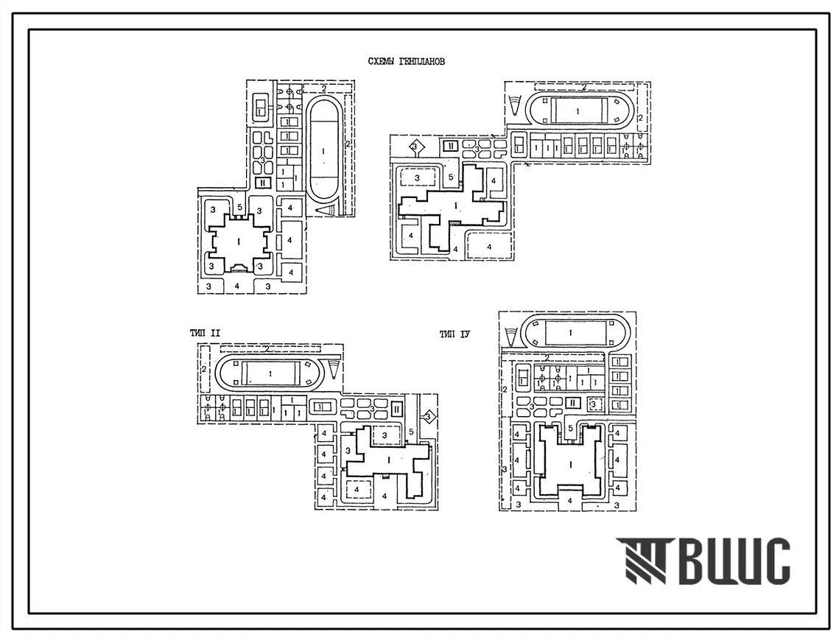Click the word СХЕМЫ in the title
click(382, 62)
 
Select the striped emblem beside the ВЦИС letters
click(642, 561)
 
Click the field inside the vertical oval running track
click(323, 150)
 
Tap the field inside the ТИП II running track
click(273, 373)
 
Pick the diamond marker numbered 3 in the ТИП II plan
click(427, 416)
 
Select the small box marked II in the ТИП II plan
click(397, 407)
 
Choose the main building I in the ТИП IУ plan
click(571, 465)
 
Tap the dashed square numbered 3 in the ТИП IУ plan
click(593, 404)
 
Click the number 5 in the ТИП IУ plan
click(571, 429)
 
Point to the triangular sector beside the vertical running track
click(325, 211)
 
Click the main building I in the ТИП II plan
click(387, 460)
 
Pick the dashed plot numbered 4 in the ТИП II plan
click(357, 488)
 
